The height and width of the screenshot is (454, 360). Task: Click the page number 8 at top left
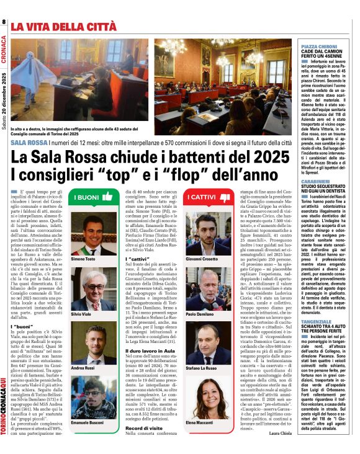pyautogui.click(x=4, y=23)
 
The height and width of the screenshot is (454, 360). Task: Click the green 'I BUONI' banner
pyautogui.click(x=90, y=198)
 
